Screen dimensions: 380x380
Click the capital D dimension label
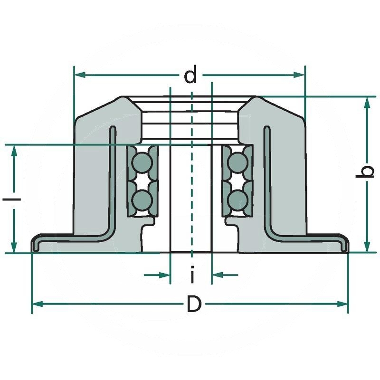193,304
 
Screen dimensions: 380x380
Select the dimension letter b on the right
365,172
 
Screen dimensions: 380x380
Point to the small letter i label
192,274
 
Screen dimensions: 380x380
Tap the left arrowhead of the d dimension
80,75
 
